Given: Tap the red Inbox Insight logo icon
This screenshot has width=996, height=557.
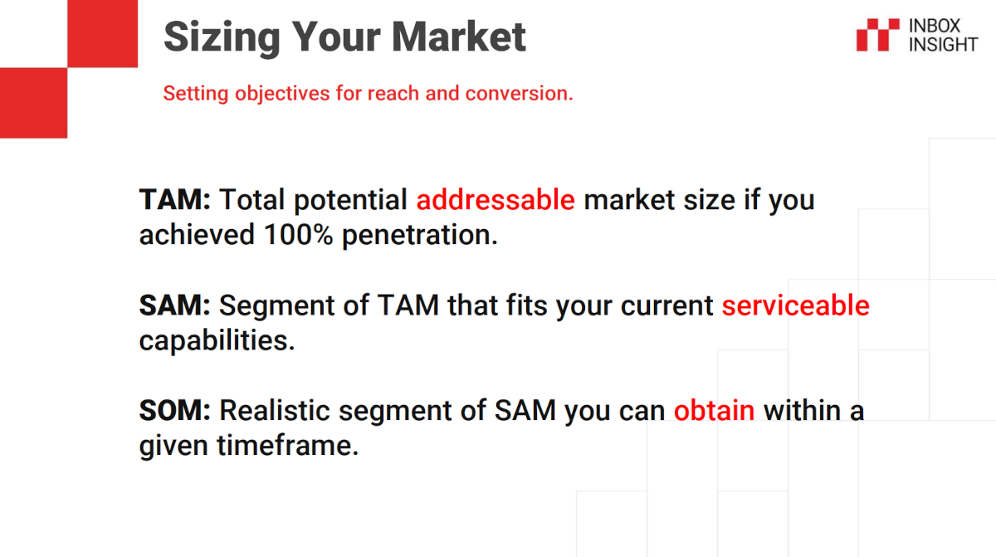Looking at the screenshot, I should pos(877,35).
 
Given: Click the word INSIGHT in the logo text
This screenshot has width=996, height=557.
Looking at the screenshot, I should pos(943,44).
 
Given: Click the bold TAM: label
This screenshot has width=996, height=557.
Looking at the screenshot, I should pos(175,200).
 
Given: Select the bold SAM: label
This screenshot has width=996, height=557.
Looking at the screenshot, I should pos(175,305).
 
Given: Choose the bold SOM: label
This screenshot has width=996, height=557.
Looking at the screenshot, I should pos(175,410).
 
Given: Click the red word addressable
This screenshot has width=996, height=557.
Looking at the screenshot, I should pos(496,200).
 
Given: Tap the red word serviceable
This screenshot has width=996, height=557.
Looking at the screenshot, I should pos(795,305).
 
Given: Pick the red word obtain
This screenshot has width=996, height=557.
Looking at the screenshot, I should pos(714,410).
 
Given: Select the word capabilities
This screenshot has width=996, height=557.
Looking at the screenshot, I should pos(217,341).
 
